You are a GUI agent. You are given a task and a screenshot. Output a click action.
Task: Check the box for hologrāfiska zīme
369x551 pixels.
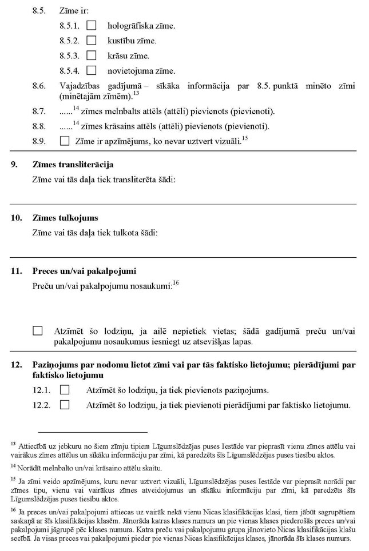coord(91,26)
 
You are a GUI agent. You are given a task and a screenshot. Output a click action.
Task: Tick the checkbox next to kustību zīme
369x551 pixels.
coord(91,41)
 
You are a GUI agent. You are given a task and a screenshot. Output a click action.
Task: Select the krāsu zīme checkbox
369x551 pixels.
coord(91,56)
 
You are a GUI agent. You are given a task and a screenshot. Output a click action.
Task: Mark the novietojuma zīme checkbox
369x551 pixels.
coord(91,71)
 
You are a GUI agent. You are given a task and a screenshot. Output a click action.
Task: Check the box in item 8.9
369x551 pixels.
coord(64,140)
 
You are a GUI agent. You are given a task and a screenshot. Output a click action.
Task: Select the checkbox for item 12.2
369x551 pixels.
coord(64,405)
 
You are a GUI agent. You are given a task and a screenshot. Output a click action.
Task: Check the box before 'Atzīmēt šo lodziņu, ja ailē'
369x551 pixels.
coord(38,331)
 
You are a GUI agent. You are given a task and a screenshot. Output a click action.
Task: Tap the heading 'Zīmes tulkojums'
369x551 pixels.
coord(65,218)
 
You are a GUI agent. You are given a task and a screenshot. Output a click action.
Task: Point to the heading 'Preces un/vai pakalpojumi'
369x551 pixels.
coord(84,270)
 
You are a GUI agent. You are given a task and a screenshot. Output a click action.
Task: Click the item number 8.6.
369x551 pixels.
coord(39,86)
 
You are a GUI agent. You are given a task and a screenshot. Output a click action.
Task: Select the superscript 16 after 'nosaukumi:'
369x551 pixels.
coord(176,282)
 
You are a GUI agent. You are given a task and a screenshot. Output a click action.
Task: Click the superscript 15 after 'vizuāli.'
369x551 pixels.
coord(244,138)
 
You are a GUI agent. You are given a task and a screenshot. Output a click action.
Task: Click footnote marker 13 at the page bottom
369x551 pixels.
coord(13,443)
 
